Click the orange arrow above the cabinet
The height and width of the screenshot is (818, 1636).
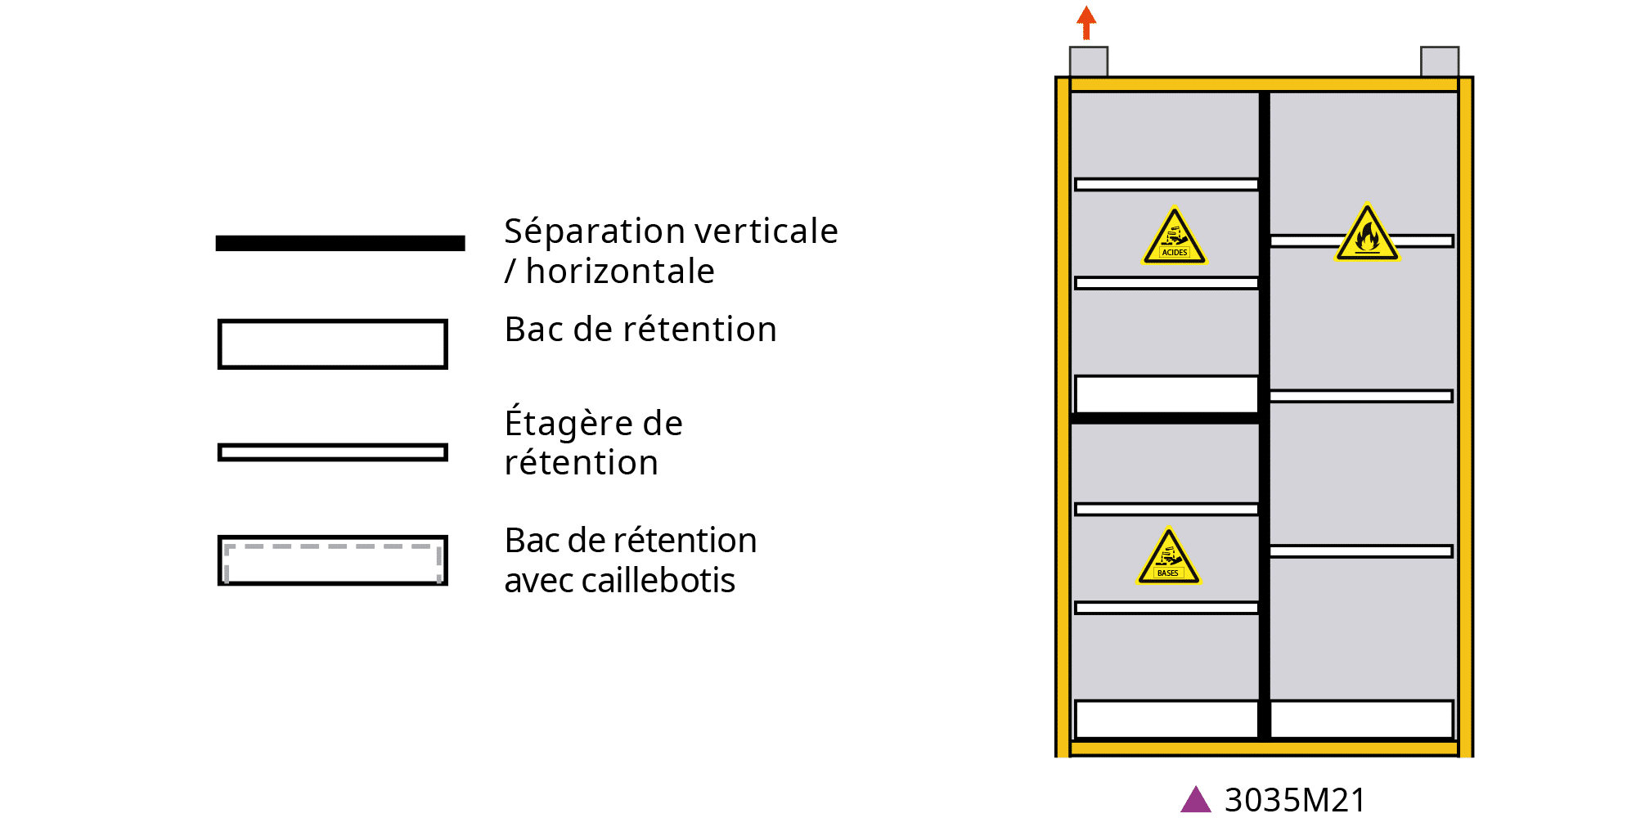[x=1085, y=22]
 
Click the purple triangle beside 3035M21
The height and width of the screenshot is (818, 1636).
[x=1196, y=800]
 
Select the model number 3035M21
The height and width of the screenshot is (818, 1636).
[x=1295, y=800]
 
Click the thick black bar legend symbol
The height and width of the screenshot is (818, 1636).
[x=340, y=243]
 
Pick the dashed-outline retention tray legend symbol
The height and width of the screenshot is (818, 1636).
[x=333, y=560]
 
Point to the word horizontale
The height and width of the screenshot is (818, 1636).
[x=620, y=272]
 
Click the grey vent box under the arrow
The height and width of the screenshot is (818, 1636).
[x=1089, y=62]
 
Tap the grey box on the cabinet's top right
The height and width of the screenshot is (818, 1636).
[x=1440, y=62]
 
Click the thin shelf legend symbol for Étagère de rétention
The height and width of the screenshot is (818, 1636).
[x=333, y=452]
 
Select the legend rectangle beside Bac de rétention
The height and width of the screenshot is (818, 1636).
[x=333, y=344]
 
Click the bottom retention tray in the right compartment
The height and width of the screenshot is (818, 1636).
[x=1362, y=719]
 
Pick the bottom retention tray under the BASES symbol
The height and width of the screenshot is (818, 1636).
[x=1166, y=719]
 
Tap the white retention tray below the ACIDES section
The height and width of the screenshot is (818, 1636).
[x=1166, y=394]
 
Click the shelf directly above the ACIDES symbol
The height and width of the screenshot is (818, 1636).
[x=1166, y=185]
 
